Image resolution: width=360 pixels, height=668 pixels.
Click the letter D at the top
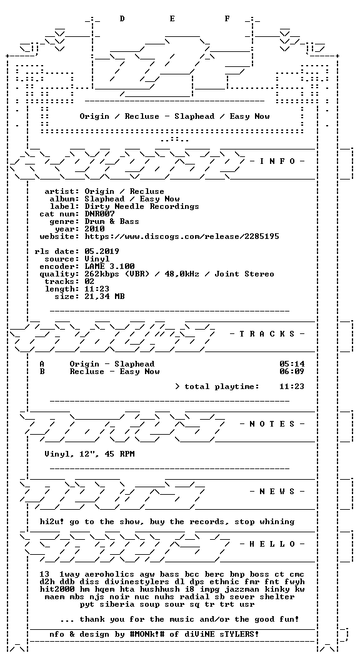click(x=122, y=19)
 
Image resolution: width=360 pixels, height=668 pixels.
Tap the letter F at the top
click(x=227, y=19)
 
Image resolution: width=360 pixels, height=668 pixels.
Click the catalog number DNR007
click(x=99, y=214)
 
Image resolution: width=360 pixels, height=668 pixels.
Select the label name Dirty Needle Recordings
click(x=142, y=206)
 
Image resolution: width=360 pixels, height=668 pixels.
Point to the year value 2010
click(x=94, y=229)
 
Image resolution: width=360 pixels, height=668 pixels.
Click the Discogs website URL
click(x=182, y=236)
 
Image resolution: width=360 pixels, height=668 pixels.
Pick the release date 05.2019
click(x=102, y=251)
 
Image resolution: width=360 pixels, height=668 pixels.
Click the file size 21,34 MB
click(x=104, y=296)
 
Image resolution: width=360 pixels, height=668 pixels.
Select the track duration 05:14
click(x=292, y=364)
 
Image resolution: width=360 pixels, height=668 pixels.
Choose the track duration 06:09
click(x=292, y=372)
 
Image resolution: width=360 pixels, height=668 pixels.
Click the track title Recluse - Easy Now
click(x=115, y=372)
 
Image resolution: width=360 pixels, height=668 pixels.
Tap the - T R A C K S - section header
click(x=267, y=333)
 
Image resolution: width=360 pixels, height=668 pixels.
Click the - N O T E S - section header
click(x=272, y=424)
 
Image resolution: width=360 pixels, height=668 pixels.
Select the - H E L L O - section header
click(x=272, y=544)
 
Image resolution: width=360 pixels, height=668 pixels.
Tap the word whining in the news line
click(x=277, y=522)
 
